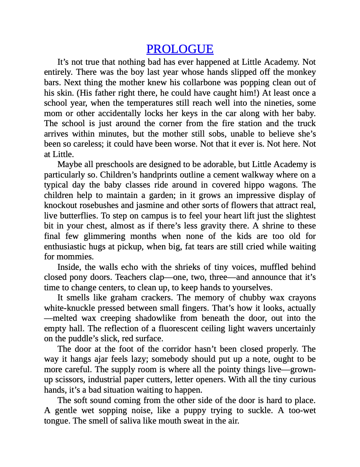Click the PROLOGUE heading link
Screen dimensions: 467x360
(x=180, y=49)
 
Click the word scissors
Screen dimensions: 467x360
(x=71, y=380)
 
